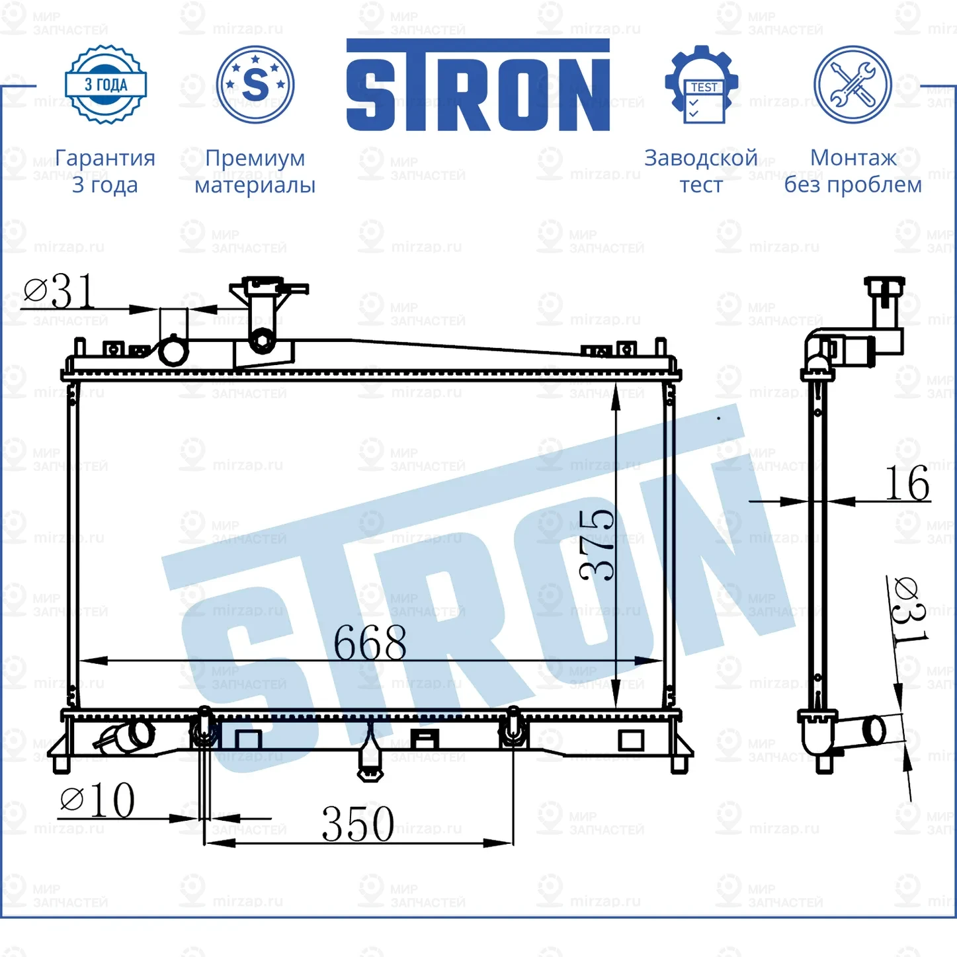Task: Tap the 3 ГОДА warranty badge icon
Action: click(106, 85)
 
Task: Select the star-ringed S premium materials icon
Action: click(255, 85)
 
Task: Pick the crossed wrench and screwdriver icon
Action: click(853, 85)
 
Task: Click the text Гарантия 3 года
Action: click(105, 171)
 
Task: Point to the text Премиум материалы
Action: click(255, 171)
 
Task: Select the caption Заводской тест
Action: click(701, 171)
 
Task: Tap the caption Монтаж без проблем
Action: click(853, 171)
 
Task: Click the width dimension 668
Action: click(370, 643)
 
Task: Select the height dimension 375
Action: click(597, 545)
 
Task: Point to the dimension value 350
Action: click(358, 824)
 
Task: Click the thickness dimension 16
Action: click(907, 484)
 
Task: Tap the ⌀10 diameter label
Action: click(98, 801)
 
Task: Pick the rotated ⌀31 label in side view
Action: click(909, 610)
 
